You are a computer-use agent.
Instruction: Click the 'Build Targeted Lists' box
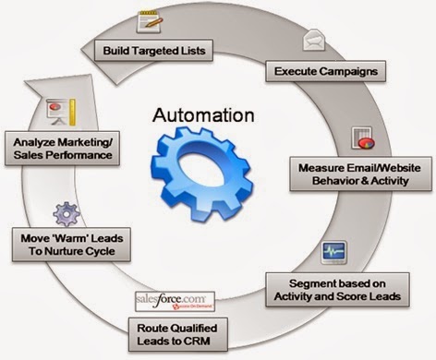[153, 50]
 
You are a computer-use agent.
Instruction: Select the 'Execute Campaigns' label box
[326, 71]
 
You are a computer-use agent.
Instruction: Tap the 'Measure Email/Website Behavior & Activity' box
[361, 174]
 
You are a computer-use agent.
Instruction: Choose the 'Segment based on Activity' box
[337, 290]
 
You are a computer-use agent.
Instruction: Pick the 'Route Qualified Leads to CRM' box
[178, 334]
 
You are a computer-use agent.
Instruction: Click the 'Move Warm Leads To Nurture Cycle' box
[71, 245]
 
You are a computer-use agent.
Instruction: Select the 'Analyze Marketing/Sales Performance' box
[62, 149]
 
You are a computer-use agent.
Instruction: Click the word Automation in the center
[203, 115]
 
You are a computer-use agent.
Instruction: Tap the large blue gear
[202, 174]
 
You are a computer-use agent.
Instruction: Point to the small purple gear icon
[67, 214]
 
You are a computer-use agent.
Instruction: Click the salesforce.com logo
[175, 302]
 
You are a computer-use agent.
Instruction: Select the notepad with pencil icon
[150, 21]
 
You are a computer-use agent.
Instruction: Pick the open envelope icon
[314, 40]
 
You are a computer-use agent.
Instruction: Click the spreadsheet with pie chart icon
[363, 138]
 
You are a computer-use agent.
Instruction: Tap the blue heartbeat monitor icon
[333, 253]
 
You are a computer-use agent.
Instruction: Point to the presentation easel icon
[56, 112]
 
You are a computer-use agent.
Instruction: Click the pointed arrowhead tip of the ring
[81, 49]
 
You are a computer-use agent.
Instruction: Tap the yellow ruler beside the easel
[73, 113]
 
